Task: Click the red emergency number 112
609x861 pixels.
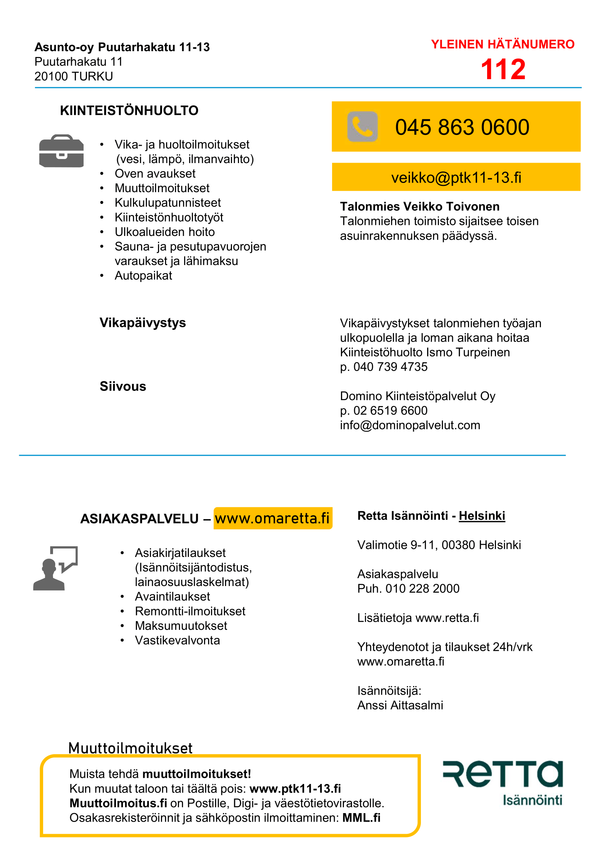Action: coord(503,69)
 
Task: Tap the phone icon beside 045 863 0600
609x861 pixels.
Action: coord(362,126)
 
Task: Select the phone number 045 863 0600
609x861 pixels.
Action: coord(462,127)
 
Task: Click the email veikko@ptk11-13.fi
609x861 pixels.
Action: coord(456,177)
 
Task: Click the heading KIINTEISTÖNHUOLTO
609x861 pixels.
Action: coord(129,111)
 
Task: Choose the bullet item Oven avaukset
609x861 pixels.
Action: coord(155,174)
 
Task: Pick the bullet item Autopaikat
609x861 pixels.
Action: coord(143,276)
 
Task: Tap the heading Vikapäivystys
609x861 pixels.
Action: coord(142,323)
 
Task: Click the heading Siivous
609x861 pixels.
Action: coord(123,386)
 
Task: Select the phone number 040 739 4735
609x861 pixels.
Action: coord(390,367)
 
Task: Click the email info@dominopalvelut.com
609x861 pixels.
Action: coord(410,425)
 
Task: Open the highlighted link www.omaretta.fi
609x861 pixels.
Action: coord(272,518)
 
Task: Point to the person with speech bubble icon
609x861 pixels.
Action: coord(56,568)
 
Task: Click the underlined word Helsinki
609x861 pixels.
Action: coord(482,516)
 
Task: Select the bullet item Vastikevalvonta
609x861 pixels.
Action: coord(177,640)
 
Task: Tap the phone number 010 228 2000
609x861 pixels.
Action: coord(422,589)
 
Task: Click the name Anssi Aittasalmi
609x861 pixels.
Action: coord(400,705)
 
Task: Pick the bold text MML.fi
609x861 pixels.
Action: coord(361,818)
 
